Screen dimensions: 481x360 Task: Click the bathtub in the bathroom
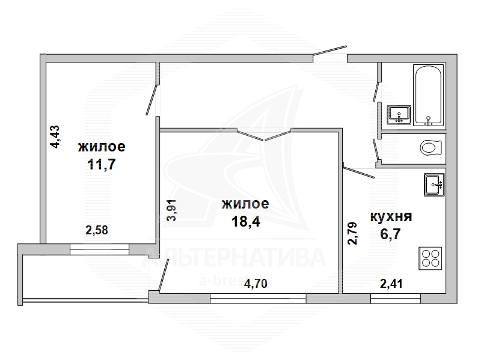[x=428, y=95]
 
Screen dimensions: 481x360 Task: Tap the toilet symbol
[x=431, y=148]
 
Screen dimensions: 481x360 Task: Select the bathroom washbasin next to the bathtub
[x=399, y=115]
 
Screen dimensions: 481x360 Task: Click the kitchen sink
[x=434, y=185]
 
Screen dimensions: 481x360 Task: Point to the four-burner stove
[x=430, y=258]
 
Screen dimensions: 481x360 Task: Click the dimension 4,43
[x=55, y=137]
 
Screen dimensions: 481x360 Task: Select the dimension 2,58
[x=97, y=230]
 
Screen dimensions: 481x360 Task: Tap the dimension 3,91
[x=171, y=210]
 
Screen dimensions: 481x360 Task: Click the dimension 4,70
[x=256, y=283]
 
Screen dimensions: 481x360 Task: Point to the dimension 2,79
[x=352, y=233]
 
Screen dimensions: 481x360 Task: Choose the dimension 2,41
[x=391, y=284]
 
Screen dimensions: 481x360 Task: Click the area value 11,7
[x=101, y=164]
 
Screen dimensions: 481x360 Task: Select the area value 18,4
[x=246, y=221]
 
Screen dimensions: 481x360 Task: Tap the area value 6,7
[x=390, y=234]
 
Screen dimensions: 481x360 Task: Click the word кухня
[x=391, y=217]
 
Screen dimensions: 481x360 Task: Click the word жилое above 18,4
[x=245, y=204]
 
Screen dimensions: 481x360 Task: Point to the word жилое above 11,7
[x=102, y=147]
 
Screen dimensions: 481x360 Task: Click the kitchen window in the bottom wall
[x=396, y=298]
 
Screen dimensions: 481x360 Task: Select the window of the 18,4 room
[x=258, y=298]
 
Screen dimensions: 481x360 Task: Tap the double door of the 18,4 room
[x=264, y=134]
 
